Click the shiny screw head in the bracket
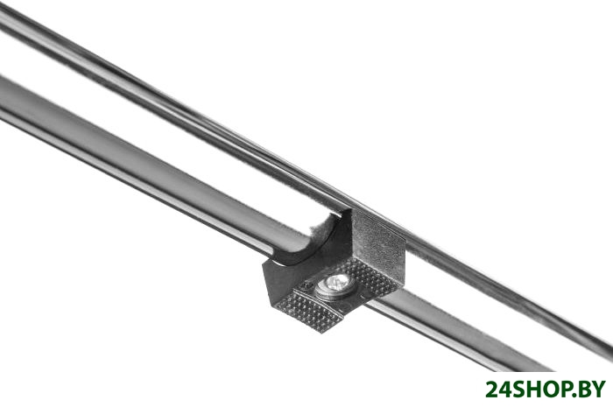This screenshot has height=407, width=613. [x=333, y=286]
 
